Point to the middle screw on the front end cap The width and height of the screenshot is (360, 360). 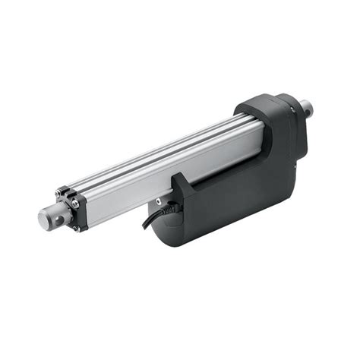pos(76,204)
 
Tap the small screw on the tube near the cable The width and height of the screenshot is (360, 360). pos(158,201)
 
